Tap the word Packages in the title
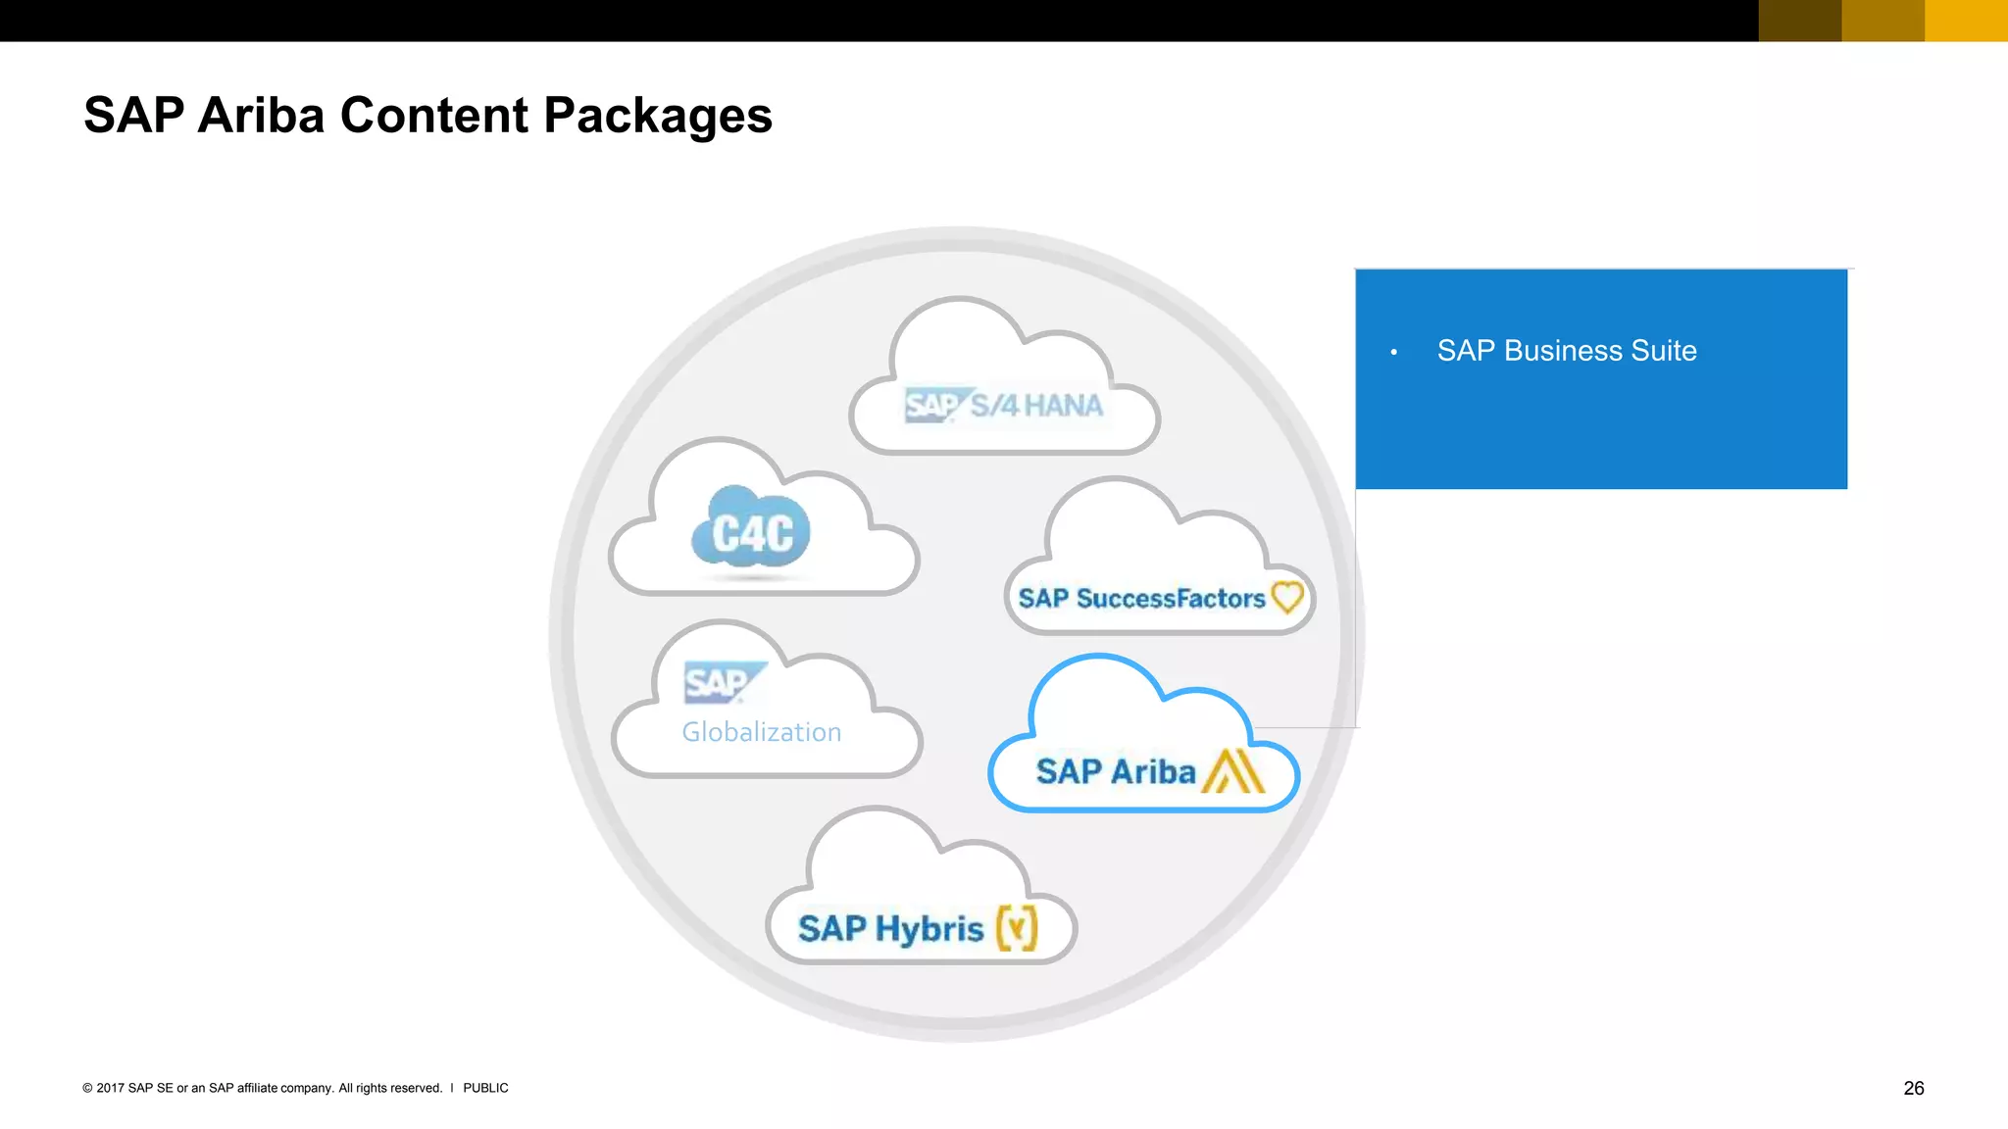click(657, 116)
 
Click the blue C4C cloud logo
click(751, 532)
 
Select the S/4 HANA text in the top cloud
click(1036, 405)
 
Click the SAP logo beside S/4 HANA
click(932, 405)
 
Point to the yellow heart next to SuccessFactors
click(1287, 596)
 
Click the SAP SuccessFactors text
click(1141, 598)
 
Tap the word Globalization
click(762, 732)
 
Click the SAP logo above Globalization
click(719, 682)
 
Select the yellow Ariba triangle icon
click(1234, 771)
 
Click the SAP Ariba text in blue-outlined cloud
click(1116, 771)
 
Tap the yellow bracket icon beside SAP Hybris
click(1017, 927)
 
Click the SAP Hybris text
click(890, 928)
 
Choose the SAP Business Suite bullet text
click(1566, 351)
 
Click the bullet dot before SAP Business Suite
click(1393, 352)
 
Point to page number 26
click(1913, 1088)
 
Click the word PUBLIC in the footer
click(485, 1088)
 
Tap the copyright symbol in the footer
click(87, 1088)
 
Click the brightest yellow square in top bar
click(1966, 20)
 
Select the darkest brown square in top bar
click(1799, 20)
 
